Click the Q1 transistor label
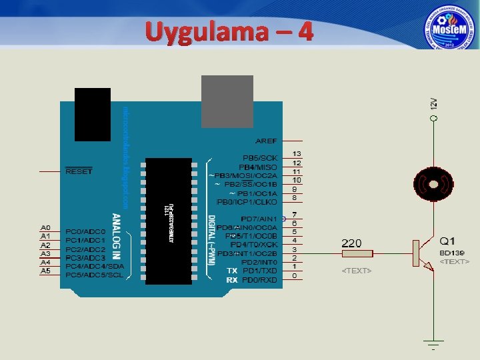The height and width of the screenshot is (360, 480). pyautogui.click(x=447, y=240)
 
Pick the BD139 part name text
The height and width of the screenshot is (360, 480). pyautogui.click(x=451, y=253)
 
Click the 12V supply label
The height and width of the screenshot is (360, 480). pyautogui.click(x=433, y=104)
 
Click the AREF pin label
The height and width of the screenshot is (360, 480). pyautogui.click(x=266, y=141)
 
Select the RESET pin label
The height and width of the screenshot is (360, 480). pyautogui.click(x=79, y=171)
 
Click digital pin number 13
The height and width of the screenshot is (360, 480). pyautogui.click(x=297, y=154)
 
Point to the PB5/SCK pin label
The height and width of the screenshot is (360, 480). pyautogui.click(x=259, y=158)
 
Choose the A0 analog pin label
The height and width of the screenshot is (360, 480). pyautogui.click(x=46, y=227)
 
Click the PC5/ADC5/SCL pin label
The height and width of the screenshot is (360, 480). pyautogui.click(x=94, y=275)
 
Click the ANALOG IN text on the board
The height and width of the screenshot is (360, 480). pyautogui.click(x=116, y=236)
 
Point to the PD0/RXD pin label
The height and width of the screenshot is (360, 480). pyautogui.click(x=259, y=280)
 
